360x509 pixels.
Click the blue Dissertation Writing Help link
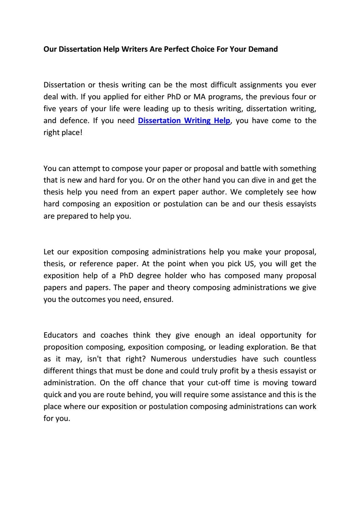(184, 121)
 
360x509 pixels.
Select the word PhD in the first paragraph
(174, 97)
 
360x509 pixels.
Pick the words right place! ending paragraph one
(63, 133)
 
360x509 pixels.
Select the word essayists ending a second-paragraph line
(301, 204)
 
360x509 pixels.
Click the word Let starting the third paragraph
(49, 252)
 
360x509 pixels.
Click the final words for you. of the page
(56, 419)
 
